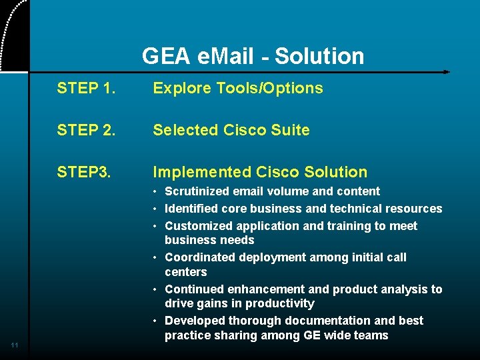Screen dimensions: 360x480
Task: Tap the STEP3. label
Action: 84,172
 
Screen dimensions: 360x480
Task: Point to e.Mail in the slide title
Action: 227,56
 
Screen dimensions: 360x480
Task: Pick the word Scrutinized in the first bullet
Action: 195,191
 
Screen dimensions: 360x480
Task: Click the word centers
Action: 186,272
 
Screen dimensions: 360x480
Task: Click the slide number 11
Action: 15,345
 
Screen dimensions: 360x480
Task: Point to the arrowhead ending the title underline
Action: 447,71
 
